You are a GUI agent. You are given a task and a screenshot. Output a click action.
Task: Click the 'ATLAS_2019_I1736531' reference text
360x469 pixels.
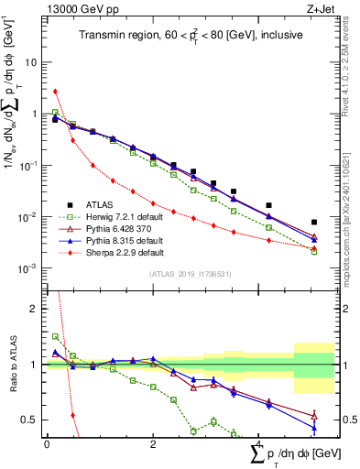point(183,274)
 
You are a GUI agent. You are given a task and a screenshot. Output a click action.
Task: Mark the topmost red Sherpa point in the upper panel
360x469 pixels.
point(55,91)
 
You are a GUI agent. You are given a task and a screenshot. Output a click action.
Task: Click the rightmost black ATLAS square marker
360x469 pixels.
point(314,222)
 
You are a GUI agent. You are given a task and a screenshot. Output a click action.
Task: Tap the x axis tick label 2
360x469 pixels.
point(152,443)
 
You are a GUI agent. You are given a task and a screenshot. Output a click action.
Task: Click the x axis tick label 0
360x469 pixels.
point(46,443)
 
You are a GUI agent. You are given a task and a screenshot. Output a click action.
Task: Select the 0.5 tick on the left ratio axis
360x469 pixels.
point(29,420)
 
